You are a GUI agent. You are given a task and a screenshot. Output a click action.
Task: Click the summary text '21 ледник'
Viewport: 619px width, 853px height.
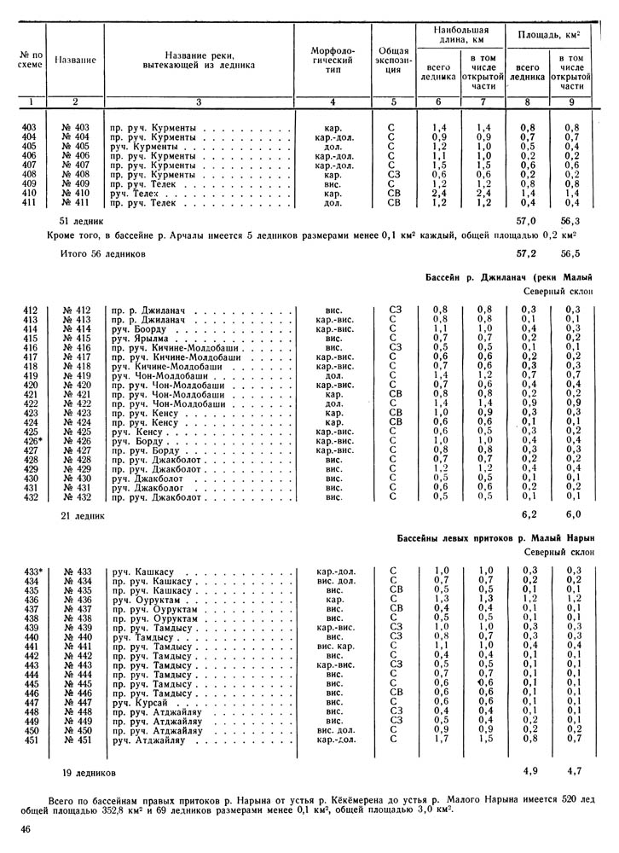[82, 516]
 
